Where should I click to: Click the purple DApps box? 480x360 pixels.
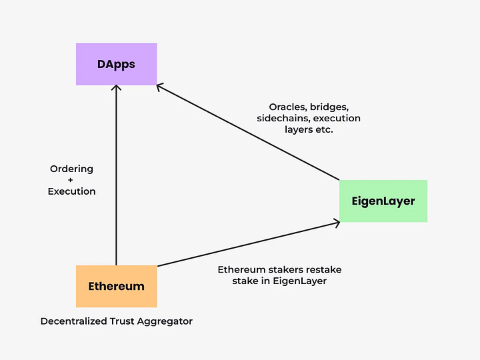[116, 65]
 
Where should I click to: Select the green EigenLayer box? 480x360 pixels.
[383, 201]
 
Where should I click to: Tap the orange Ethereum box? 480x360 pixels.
[116, 286]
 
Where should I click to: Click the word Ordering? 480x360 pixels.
[71, 169]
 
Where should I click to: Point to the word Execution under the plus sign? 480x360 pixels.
[71, 191]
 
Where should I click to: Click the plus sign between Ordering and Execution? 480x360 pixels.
[71, 180]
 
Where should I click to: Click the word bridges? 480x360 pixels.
[331, 107]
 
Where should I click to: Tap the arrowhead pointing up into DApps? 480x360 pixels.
[116, 88]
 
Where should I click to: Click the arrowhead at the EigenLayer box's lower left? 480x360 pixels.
[337, 223]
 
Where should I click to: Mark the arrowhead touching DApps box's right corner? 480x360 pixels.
[159, 86]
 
